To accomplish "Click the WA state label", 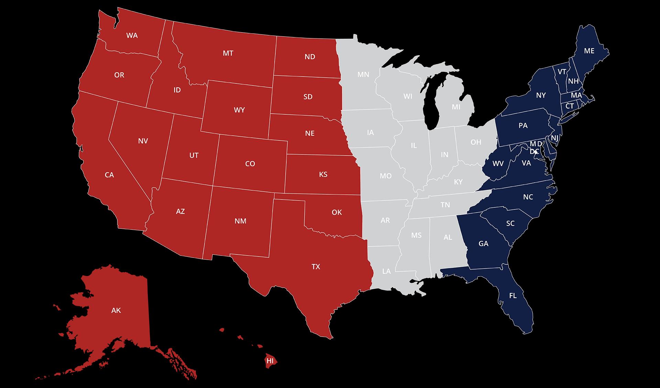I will coord(132,35).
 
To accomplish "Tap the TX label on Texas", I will coord(316,266).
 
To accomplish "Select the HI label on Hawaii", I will coord(270,361).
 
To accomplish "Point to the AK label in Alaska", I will coord(116,310).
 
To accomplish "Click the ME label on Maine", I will coord(589,51).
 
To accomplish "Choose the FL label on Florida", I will coord(513,296).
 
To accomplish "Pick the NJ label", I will coord(554,138).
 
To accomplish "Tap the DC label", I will coord(534,151).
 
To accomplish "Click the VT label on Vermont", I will coord(562,72).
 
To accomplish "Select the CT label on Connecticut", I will coord(570,106).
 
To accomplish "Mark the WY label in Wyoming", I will coord(239,110).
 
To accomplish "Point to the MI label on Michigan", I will coord(456,107).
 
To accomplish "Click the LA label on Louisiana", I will coord(386,271).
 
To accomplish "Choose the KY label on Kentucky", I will coord(458,182).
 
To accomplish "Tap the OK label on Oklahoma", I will coord(337,212).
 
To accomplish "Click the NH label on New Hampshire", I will coord(573,81).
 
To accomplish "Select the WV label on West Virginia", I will coord(498,164).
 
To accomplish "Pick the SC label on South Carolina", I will coord(510,224).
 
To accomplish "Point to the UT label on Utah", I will coord(194,155).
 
